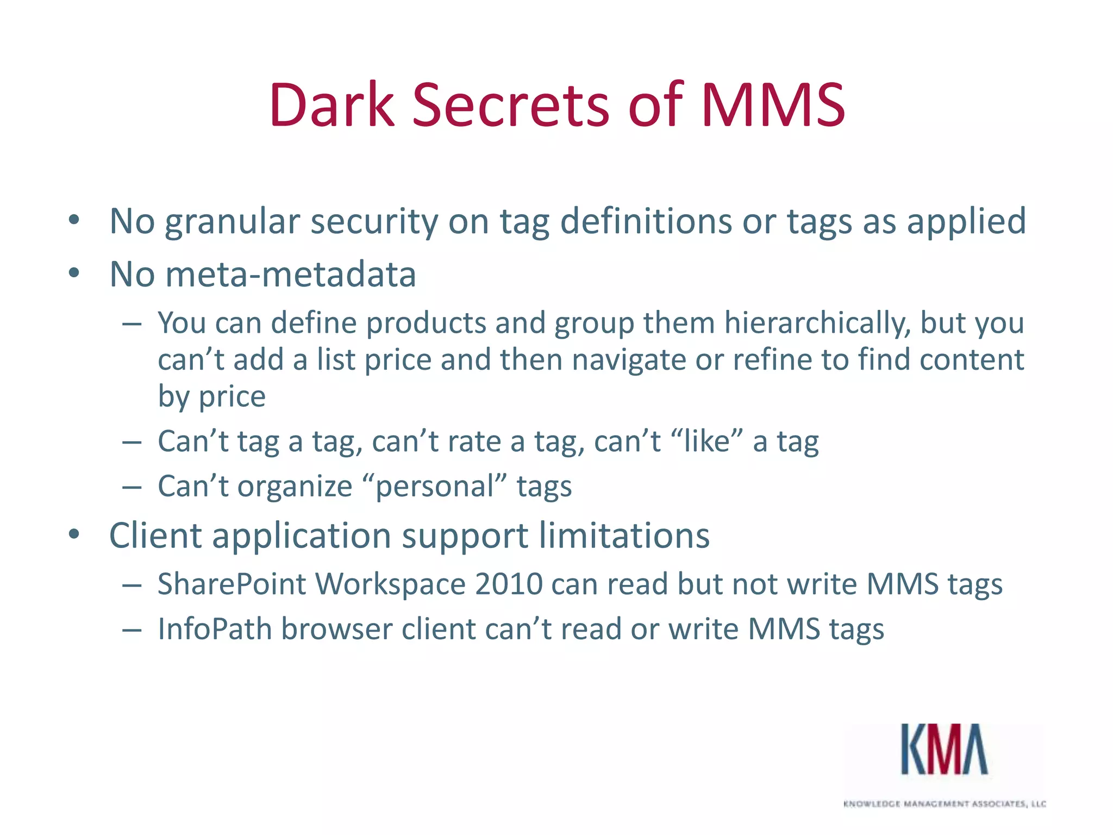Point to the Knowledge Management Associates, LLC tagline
(945, 803)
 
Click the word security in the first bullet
(373, 222)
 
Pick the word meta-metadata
(290, 274)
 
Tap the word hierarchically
(817, 323)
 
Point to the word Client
(156, 535)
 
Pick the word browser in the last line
(337, 629)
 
